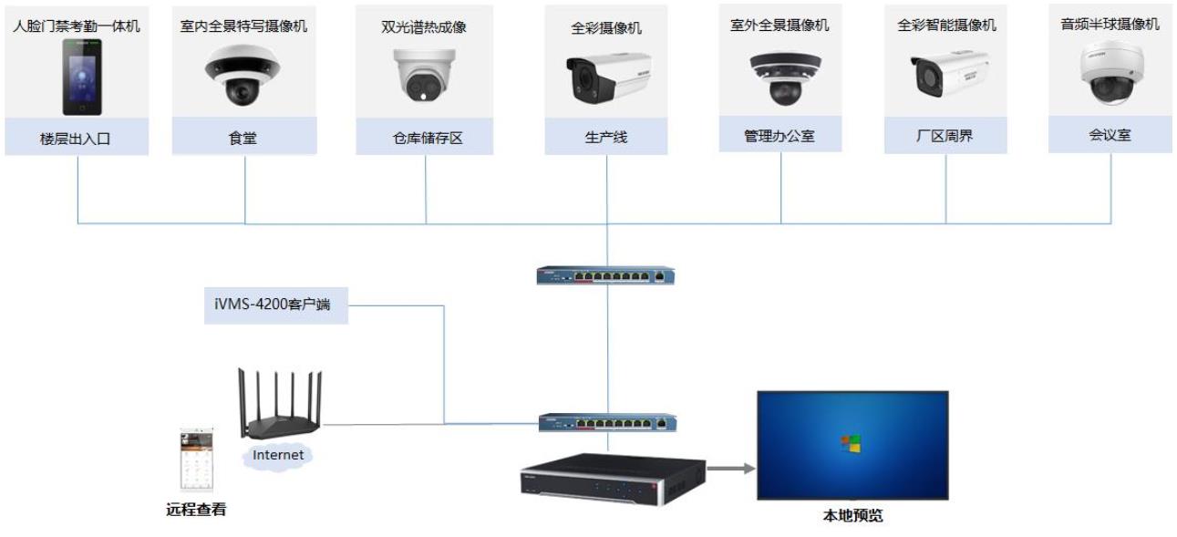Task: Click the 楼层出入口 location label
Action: tap(77, 140)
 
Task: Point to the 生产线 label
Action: tap(606, 138)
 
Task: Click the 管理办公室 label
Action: tap(780, 137)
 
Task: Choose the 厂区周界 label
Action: tap(945, 138)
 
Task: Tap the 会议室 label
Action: tap(1110, 136)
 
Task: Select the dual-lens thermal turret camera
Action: tap(426, 73)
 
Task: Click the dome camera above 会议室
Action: tap(1110, 73)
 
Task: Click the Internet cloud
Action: tap(277, 454)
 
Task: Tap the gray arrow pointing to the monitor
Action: tap(731, 469)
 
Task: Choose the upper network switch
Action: tap(606, 274)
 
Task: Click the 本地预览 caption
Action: tap(852, 517)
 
